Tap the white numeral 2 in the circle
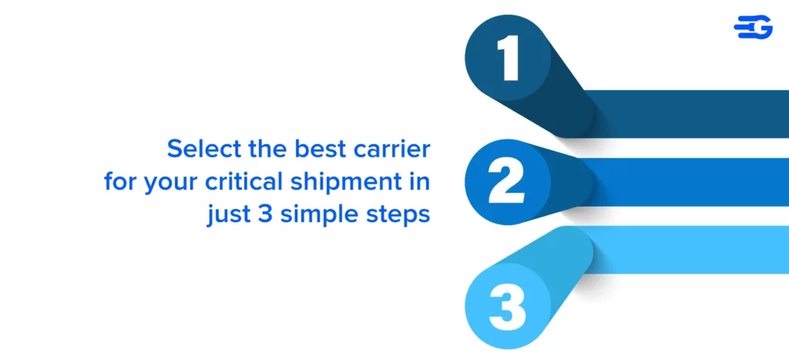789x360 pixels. coord(506,182)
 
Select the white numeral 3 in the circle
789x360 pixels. coord(507,307)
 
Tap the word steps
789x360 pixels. coord(397,215)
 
